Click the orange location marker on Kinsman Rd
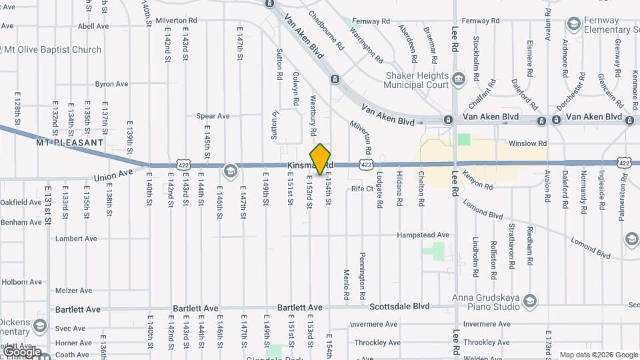point(321,159)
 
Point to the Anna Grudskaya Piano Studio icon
point(529,301)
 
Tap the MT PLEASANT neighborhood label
point(69,143)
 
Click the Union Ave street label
point(113,176)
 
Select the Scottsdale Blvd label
point(399,307)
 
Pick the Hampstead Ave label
point(423,235)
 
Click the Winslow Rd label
point(527,143)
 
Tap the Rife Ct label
point(362,189)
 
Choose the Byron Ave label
point(111,84)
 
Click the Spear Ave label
point(213,116)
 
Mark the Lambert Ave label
point(76,239)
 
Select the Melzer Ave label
point(73,291)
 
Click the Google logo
point(21,352)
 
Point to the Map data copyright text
point(599,355)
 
